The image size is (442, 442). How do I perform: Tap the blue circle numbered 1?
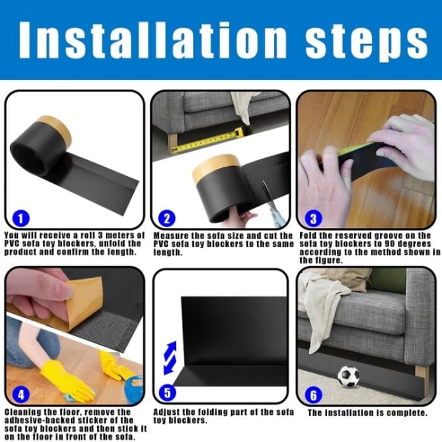[20, 218]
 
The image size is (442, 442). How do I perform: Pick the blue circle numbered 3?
[312, 218]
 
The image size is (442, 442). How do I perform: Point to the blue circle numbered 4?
[20, 395]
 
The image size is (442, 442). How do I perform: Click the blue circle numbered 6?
[312, 395]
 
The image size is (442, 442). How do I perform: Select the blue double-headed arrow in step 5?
[170, 358]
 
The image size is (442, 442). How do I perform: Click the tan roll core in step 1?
[54, 130]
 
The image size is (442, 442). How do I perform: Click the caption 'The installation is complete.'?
[367, 413]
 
